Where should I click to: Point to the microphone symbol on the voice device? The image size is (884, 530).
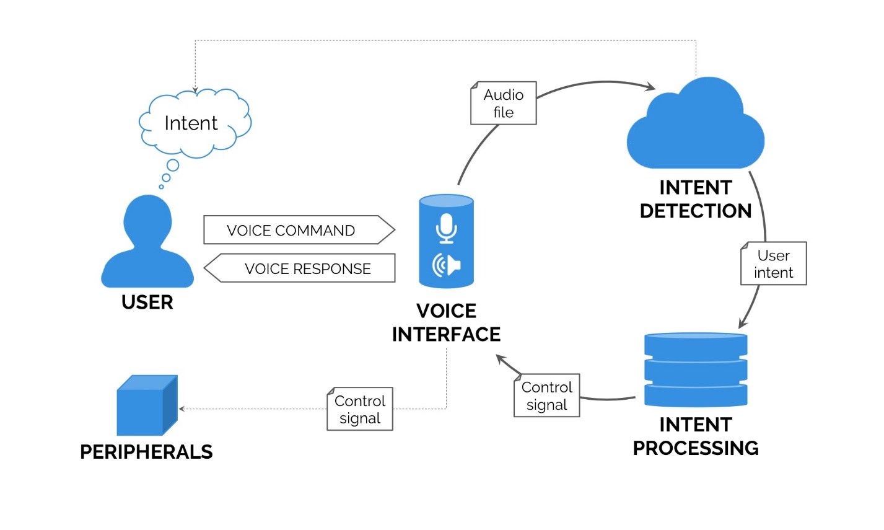tap(446, 227)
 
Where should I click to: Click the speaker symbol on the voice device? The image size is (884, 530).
tap(446, 265)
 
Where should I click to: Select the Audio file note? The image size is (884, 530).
tap(503, 104)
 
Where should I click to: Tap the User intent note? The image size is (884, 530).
tap(773, 264)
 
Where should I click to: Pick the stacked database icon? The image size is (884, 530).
tap(695, 369)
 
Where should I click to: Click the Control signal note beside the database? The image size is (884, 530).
tap(546, 395)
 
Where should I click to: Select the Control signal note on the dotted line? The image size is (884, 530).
tap(360, 409)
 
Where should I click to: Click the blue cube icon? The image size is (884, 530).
tap(147, 406)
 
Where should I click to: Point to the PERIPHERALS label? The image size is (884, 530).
tap(146, 452)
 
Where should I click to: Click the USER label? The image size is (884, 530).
tap(147, 303)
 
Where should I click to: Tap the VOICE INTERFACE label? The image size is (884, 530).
tap(446, 322)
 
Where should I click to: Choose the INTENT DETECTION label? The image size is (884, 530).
tap(695, 200)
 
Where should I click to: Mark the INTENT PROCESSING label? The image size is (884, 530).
tap(695, 436)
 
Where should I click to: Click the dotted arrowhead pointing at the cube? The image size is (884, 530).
tap(182, 409)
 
